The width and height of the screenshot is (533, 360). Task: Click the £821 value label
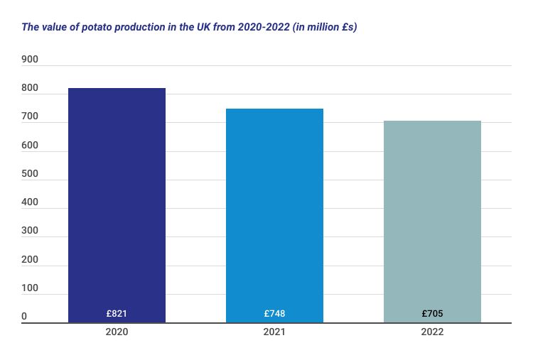click(x=117, y=313)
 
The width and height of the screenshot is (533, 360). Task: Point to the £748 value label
click(x=274, y=313)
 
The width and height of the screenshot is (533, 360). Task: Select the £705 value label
click(x=432, y=313)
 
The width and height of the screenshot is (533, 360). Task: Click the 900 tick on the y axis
click(x=30, y=60)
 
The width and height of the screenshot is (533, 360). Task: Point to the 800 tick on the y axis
click(x=30, y=88)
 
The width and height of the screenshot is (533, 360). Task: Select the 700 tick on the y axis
click(x=30, y=116)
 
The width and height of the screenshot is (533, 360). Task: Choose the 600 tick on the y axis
click(x=30, y=146)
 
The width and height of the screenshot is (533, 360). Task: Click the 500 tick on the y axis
click(x=30, y=174)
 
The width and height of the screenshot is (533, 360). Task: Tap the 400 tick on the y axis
click(x=30, y=202)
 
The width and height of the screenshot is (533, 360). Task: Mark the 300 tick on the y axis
click(x=30, y=231)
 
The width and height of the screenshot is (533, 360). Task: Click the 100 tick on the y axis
click(x=30, y=288)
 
